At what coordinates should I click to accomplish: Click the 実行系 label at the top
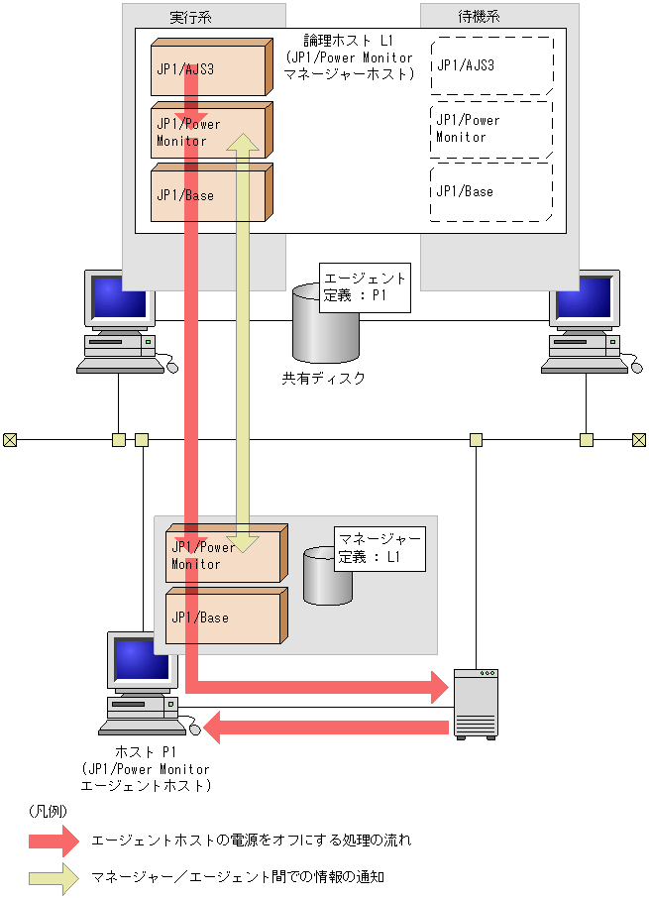click(190, 17)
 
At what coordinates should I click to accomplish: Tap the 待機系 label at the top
click(479, 17)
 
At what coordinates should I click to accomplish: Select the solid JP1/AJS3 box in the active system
click(212, 67)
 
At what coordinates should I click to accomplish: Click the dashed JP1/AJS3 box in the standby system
click(492, 65)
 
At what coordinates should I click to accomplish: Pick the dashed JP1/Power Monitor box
click(491, 130)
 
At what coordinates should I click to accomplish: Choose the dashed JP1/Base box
click(491, 192)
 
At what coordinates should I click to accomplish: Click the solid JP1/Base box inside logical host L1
click(212, 192)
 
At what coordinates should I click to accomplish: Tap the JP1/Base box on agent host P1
click(227, 616)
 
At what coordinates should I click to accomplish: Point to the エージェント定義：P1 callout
click(366, 287)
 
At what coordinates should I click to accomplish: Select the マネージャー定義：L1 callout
click(380, 549)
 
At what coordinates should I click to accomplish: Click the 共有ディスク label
click(323, 378)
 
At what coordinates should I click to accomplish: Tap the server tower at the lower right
click(477, 704)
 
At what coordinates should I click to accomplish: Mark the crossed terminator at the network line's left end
click(10, 440)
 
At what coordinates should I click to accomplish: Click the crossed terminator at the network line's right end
click(639, 440)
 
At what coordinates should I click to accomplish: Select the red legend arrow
click(54, 841)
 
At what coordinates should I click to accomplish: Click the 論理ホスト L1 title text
click(349, 41)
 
